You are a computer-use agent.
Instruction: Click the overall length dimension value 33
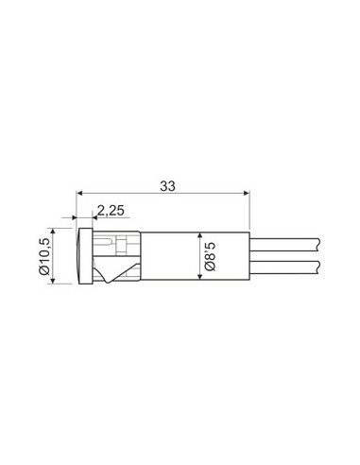(x=167, y=186)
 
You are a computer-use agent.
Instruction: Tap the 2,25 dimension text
(x=111, y=211)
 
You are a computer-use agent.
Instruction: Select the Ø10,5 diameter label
(x=44, y=256)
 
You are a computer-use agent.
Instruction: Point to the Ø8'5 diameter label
(x=210, y=256)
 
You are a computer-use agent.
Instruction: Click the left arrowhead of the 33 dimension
(x=79, y=193)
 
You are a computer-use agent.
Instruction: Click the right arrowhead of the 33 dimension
(x=247, y=193)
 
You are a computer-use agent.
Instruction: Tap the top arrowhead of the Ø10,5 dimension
(x=53, y=232)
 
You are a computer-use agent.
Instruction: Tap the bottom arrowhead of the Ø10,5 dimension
(x=53, y=280)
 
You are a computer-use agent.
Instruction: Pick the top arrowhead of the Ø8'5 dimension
(x=199, y=235)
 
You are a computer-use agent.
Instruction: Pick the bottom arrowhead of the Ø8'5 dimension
(x=199, y=276)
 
